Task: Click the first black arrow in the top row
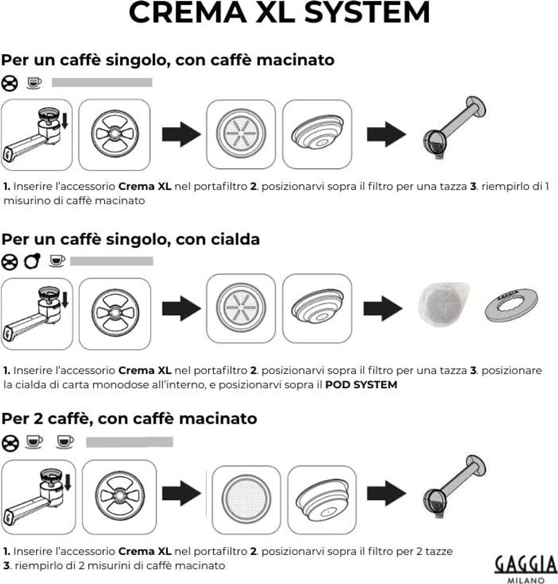[x=181, y=135]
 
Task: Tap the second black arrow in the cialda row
[x=383, y=309]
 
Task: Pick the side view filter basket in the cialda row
[x=317, y=309]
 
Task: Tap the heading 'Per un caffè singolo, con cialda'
[x=131, y=240]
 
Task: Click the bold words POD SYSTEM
[x=361, y=385]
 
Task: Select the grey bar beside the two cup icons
[x=129, y=442]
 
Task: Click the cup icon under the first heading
[x=34, y=84]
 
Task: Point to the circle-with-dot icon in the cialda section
[x=32, y=261]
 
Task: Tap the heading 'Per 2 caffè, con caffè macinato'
[x=129, y=419]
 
